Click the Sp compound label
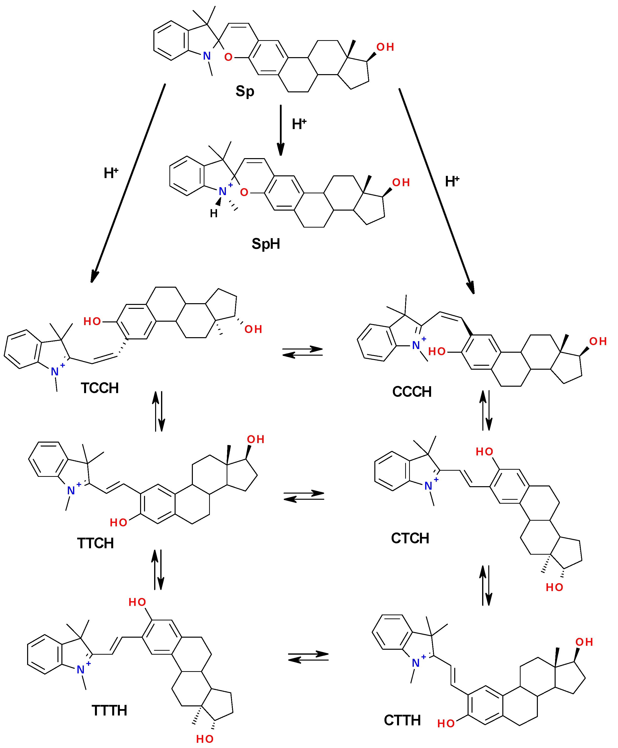[245, 91]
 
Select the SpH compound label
[266, 244]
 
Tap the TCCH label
[100, 388]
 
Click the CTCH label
[410, 538]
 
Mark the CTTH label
[402, 720]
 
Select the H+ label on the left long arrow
[111, 173]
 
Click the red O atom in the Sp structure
[228, 57]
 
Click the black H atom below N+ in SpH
[214, 213]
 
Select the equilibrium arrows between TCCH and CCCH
[303, 352]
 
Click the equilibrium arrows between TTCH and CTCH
[304, 496]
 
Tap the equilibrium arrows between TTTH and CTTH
[308, 657]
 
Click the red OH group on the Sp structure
[385, 47]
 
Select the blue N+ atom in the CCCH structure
[416, 345]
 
